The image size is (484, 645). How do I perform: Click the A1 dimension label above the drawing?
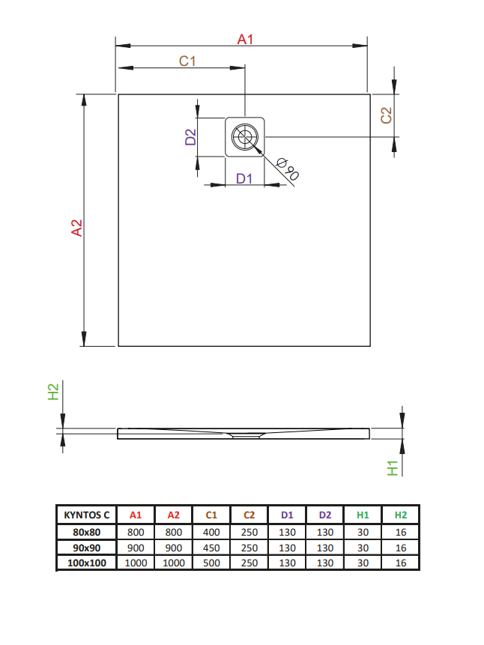tap(245, 40)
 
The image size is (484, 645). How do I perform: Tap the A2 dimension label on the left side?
tap(77, 228)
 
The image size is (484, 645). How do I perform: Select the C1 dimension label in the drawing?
tap(187, 61)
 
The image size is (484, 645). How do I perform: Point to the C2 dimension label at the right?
tap(386, 115)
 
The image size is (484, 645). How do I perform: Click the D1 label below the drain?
tap(244, 178)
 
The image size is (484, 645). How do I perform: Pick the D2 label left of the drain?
tap(190, 137)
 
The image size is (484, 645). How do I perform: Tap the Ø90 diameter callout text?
tap(288, 169)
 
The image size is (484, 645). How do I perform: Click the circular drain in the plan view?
tap(245, 136)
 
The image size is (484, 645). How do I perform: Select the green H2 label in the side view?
tap(53, 392)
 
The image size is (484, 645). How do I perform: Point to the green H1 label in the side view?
tap(393, 468)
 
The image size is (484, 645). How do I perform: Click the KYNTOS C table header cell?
tap(86, 515)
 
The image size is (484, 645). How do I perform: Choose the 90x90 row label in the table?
tap(86, 548)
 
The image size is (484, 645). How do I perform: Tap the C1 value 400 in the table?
tap(211, 533)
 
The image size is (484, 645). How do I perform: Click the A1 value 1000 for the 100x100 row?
tap(136, 563)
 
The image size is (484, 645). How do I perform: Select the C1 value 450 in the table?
tap(211, 548)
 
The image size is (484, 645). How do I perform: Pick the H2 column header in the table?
tap(400, 515)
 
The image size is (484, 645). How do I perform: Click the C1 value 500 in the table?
tap(211, 563)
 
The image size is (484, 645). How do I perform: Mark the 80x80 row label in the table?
tap(86, 533)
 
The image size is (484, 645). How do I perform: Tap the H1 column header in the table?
tap(363, 515)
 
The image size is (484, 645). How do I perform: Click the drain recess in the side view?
tap(246, 435)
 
